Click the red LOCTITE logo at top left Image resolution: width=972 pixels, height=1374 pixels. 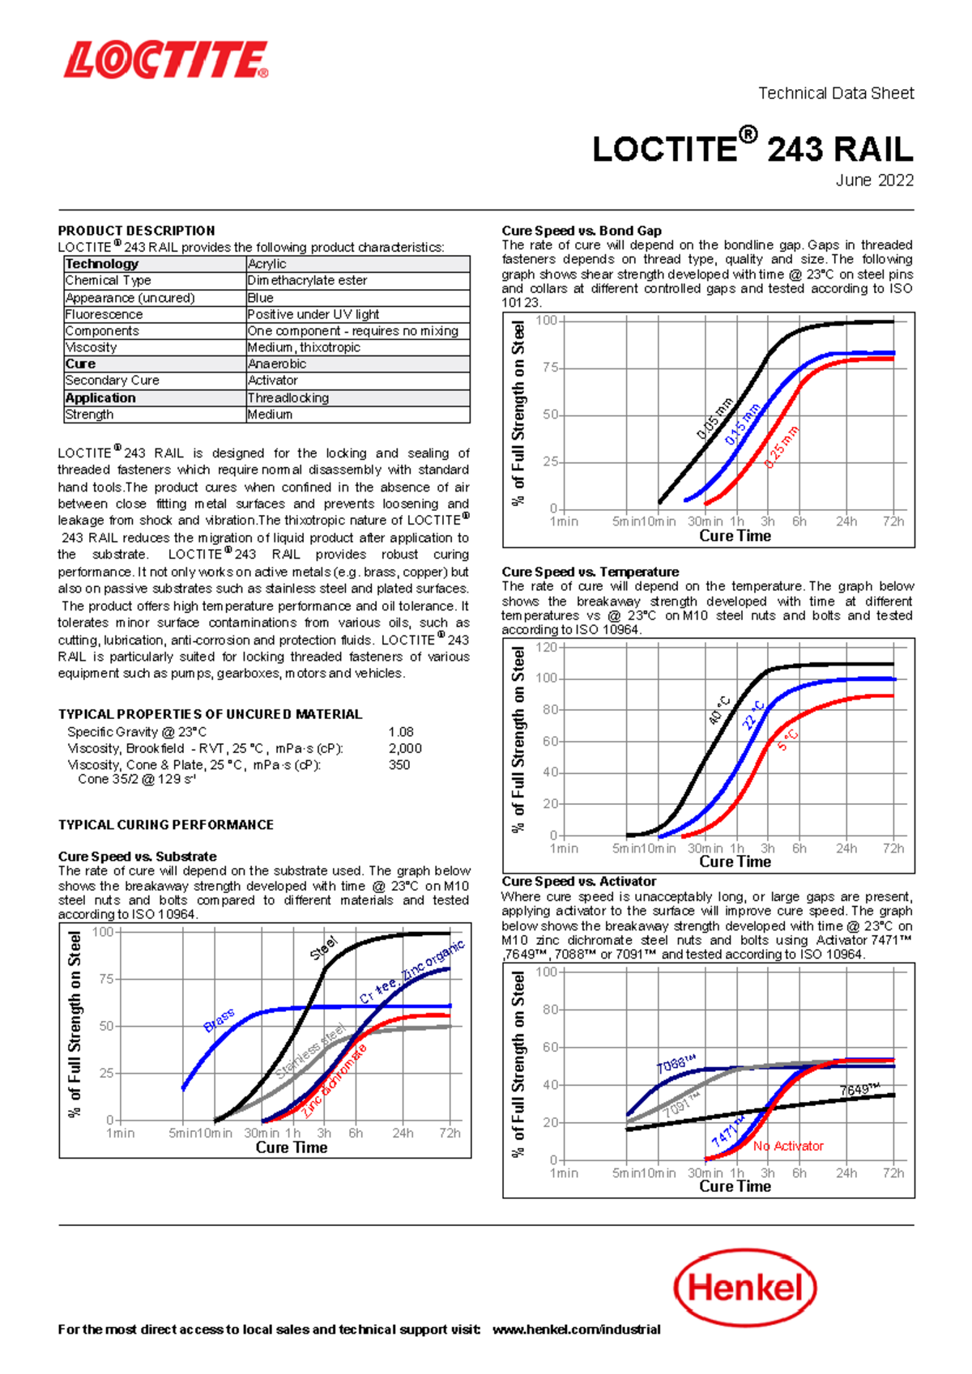[x=166, y=61]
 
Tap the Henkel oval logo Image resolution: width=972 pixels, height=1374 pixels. [x=744, y=1287]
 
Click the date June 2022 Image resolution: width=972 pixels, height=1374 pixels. [x=874, y=181]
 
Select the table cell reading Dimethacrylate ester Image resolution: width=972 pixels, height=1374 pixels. [x=308, y=280]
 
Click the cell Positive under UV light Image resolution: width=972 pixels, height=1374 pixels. [x=313, y=314]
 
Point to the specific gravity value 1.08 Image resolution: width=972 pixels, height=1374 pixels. [x=401, y=731]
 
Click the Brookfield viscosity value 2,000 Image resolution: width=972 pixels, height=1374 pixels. [x=405, y=748]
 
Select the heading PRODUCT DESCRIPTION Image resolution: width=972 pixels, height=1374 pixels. [x=136, y=231]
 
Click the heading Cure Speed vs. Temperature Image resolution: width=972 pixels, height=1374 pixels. [x=590, y=572]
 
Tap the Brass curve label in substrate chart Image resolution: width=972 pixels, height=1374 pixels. [x=219, y=1020]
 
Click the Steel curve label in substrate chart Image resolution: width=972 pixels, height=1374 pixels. [x=323, y=948]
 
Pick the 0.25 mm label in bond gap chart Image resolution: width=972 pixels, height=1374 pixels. [x=782, y=447]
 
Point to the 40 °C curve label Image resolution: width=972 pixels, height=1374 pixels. [x=719, y=710]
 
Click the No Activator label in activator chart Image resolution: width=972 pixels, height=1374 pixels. [x=788, y=1146]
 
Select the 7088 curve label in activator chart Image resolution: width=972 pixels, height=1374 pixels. [x=676, y=1064]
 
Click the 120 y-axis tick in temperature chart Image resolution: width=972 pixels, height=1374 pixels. [x=547, y=648]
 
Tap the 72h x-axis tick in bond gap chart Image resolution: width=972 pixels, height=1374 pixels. [x=893, y=521]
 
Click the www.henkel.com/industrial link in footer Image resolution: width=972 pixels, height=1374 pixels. [x=576, y=1329]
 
